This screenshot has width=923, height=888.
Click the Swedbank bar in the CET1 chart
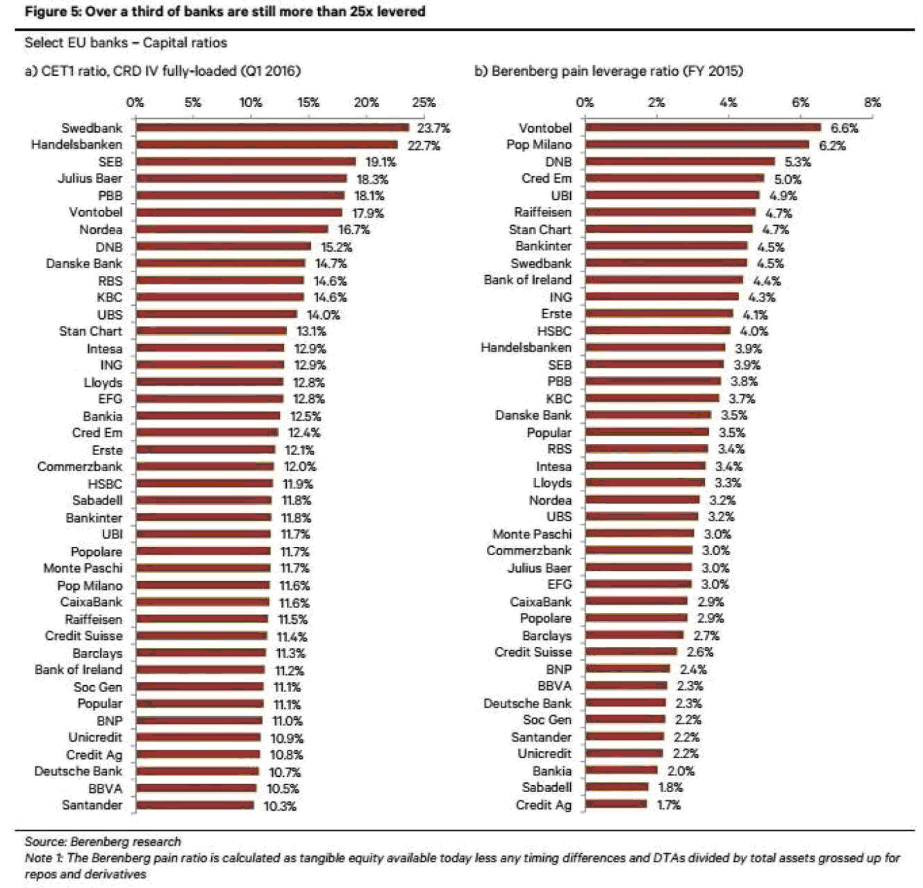pyautogui.click(x=272, y=128)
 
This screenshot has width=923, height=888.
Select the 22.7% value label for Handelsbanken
pyautogui.click(x=424, y=145)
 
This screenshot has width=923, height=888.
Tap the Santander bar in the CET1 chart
pyautogui.click(x=195, y=805)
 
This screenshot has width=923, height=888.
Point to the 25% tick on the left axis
pyautogui.click(x=424, y=103)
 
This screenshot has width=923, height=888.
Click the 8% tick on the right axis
pyautogui.click(x=872, y=103)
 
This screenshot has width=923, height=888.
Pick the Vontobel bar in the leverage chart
pyautogui.click(x=703, y=128)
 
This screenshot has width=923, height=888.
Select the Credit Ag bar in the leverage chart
pyautogui.click(x=616, y=805)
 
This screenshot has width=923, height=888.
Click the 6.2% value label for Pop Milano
pyautogui.click(x=832, y=145)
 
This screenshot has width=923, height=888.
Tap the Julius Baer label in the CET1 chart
pyautogui.click(x=90, y=179)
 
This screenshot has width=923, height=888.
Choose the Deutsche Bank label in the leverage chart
pyautogui.click(x=527, y=703)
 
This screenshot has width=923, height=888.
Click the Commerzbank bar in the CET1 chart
pyautogui.click(x=205, y=467)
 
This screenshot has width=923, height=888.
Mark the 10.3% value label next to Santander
pyautogui.click(x=280, y=806)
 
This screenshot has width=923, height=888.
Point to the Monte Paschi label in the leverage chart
pyautogui.click(x=532, y=534)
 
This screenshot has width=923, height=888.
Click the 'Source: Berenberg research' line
pyautogui.click(x=103, y=841)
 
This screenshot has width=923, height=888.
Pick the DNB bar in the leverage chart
pyautogui.click(x=680, y=162)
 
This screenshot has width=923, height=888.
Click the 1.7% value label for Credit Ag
pyautogui.click(x=669, y=805)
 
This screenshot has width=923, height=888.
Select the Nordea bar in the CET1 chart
pyautogui.click(x=232, y=229)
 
